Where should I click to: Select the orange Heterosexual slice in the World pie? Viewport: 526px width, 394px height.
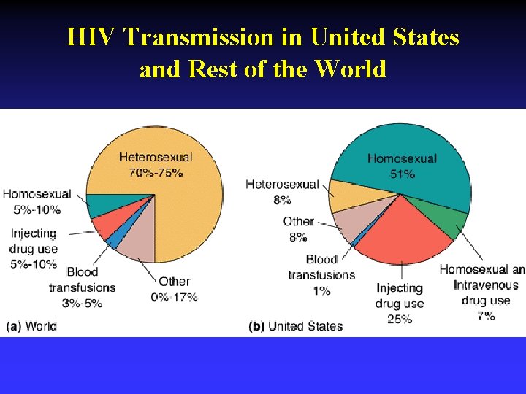(183, 212)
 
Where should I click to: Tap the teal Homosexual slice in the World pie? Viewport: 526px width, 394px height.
(106, 205)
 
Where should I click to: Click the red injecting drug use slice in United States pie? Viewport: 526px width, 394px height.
(398, 230)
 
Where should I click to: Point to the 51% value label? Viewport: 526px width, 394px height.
(402, 174)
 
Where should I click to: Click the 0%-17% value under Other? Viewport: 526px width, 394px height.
(174, 297)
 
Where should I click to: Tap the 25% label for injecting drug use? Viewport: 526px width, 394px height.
(400, 319)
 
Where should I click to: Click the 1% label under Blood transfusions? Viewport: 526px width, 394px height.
(321, 290)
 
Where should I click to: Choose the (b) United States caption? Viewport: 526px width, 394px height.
(295, 326)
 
